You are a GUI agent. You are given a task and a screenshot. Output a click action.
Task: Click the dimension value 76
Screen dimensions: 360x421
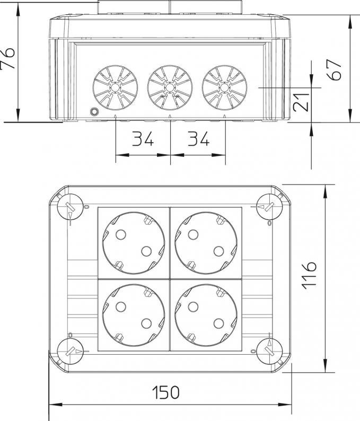[x=7, y=59]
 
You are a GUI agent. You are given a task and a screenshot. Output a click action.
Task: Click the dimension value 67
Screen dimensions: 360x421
[x=334, y=69]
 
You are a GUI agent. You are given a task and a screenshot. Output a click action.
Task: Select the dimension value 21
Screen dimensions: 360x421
[x=302, y=102]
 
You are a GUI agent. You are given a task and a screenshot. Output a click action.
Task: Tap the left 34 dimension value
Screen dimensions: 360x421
[x=143, y=138]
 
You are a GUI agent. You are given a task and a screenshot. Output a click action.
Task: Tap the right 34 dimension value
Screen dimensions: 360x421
[x=198, y=138]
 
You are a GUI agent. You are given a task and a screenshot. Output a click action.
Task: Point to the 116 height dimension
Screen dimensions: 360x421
[x=309, y=275]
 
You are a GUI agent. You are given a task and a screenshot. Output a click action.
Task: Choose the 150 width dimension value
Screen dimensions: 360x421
[x=165, y=392]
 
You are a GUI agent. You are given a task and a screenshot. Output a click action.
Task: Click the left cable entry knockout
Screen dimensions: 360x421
[x=115, y=87]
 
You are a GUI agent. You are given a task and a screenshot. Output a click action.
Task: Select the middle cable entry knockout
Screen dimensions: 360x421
[x=170, y=87]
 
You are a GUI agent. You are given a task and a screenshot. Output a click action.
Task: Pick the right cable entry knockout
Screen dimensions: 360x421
[x=224, y=87]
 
